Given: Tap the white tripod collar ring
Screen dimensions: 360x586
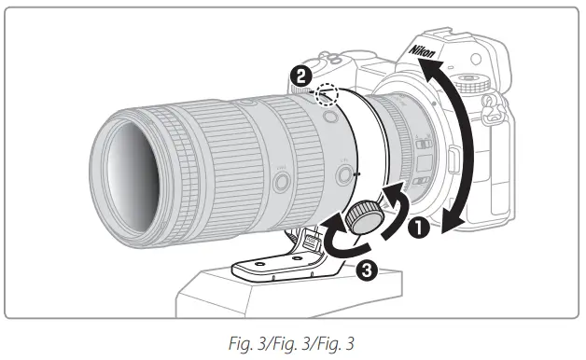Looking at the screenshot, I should pyautogui.click(x=359, y=149).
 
